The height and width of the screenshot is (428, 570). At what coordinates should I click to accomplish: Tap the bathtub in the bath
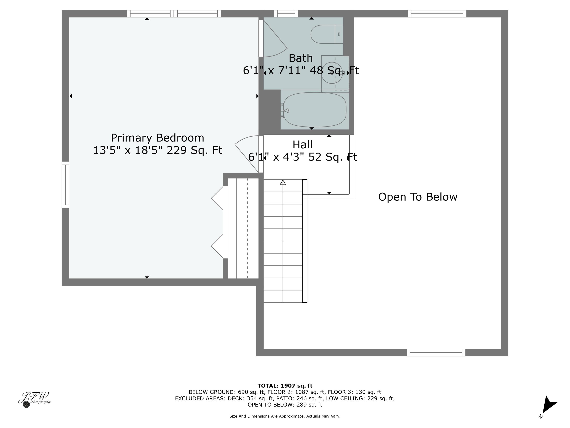315,110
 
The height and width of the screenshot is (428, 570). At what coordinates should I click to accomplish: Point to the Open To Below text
417,197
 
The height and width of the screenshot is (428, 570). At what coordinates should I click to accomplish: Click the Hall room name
302,145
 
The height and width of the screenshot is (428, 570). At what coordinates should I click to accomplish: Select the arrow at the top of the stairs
283,182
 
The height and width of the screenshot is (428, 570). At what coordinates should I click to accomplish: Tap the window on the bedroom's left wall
65,185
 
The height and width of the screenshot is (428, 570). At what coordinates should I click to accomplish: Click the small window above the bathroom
286,14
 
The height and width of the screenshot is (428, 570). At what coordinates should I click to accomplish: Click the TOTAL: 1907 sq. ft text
285,386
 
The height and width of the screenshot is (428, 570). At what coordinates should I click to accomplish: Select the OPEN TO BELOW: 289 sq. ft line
285,405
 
